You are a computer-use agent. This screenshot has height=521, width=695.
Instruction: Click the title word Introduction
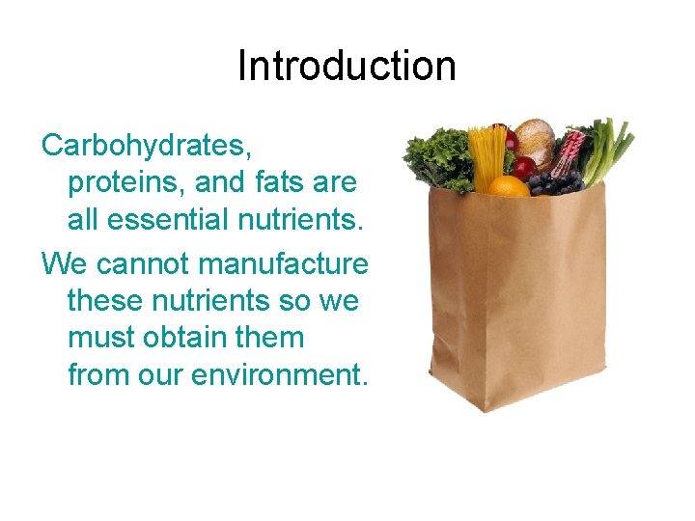347,66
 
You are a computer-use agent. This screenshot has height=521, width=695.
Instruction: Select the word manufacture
289,262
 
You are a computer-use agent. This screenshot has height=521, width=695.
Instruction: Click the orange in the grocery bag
508,185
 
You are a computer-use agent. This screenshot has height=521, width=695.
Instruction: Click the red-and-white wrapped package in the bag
570,151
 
